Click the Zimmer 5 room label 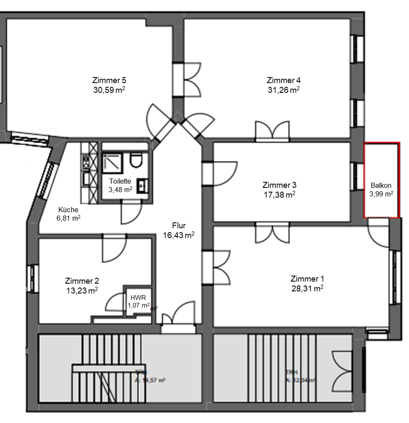click(x=109, y=80)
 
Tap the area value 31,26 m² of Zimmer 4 click(x=283, y=90)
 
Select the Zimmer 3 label click(x=279, y=185)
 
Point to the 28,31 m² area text click(x=307, y=288)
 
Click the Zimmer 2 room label click(x=82, y=281)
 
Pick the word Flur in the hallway click(x=179, y=226)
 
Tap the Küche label click(x=68, y=209)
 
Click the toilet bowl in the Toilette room click(x=135, y=160)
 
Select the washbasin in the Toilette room click(x=142, y=186)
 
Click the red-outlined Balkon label click(x=381, y=185)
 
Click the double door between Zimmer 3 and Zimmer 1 click(x=271, y=232)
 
